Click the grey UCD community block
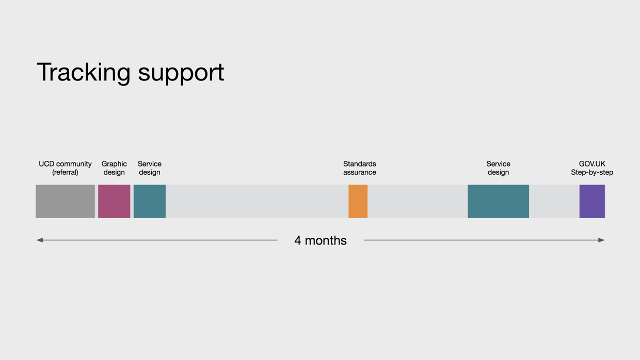point(65,201)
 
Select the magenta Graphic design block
point(114,201)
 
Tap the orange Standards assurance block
point(358,201)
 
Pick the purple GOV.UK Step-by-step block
point(592,201)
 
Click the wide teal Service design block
point(498,201)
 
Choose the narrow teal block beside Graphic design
point(150,201)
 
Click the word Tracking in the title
point(84,73)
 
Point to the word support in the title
point(181,74)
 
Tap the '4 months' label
point(321,240)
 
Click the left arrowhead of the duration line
point(40,240)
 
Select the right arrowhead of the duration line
point(601,240)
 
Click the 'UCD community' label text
point(65,164)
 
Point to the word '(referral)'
point(65,172)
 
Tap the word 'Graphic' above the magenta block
point(114,164)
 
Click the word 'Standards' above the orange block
point(359,164)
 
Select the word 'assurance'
point(359,172)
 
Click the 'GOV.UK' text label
point(592,164)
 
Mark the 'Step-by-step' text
point(592,172)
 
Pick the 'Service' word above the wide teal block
point(498,164)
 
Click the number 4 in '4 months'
point(297,240)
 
